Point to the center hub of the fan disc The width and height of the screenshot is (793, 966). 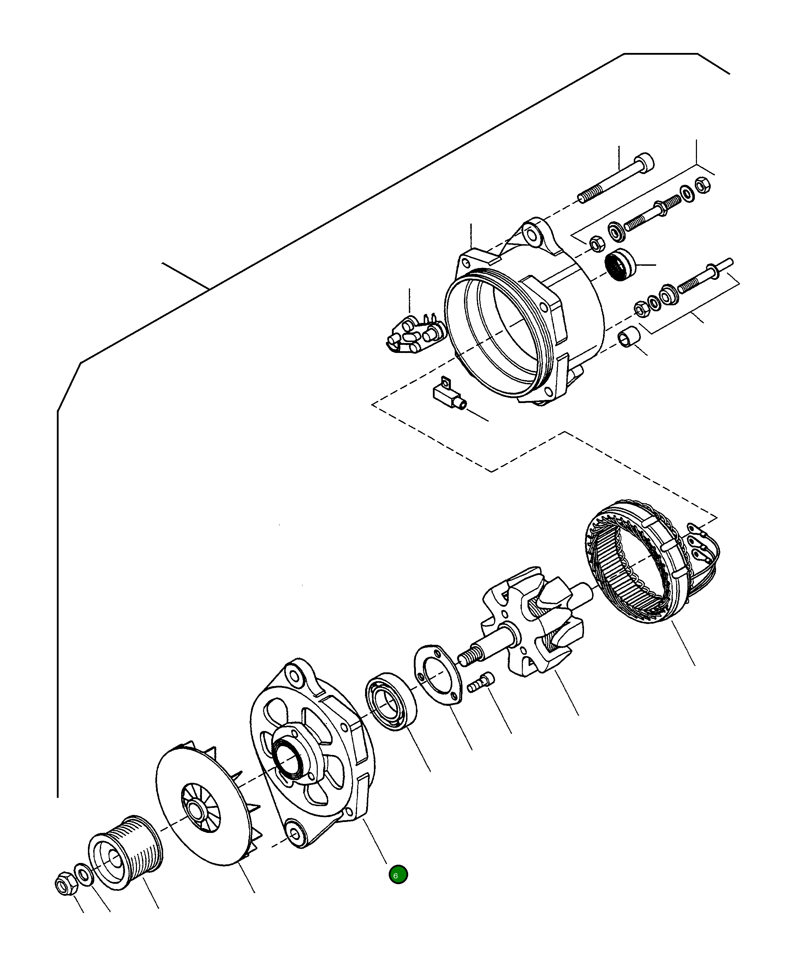coord(197,810)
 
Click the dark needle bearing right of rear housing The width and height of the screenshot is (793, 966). coord(620,264)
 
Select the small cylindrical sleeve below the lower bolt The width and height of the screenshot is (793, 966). coord(628,337)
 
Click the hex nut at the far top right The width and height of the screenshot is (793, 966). coord(703,185)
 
